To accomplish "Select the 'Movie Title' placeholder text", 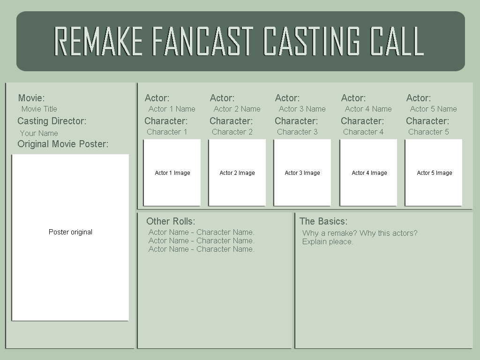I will (39, 109).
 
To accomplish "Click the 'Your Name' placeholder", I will (39, 133).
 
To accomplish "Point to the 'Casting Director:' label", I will (52, 121).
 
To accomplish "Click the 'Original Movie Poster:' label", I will (63, 144).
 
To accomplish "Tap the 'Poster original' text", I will (70, 232).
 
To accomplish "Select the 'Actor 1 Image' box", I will (172, 172).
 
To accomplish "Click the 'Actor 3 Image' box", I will (302, 172).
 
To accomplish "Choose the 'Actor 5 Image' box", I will (434, 172).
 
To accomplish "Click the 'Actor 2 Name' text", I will (237, 109).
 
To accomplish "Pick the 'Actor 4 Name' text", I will (368, 109).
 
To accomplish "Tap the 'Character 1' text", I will (167, 132).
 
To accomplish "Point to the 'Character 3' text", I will (297, 132).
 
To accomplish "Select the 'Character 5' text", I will (428, 132).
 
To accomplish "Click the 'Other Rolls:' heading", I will (171, 221).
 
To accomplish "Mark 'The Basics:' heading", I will (323, 221).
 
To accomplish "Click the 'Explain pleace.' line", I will (328, 242).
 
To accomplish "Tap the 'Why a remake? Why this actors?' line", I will (360, 233).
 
